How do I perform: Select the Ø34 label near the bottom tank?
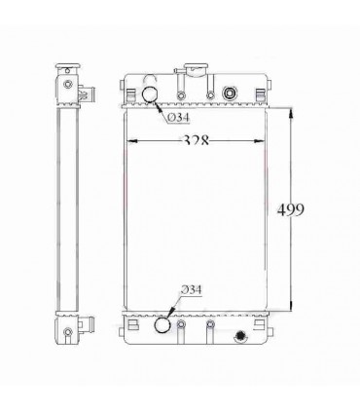pyautogui.click(x=193, y=290)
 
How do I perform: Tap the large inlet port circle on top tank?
pyautogui.click(x=152, y=94)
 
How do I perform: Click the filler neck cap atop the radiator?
pyautogui.click(x=195, y=71)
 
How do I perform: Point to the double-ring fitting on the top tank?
pyautogui.click(x=231, y=94)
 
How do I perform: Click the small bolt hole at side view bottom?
pyautogui.click(x=67, y=337)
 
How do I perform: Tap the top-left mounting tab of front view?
pyautogui.click(x=129, y=93)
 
